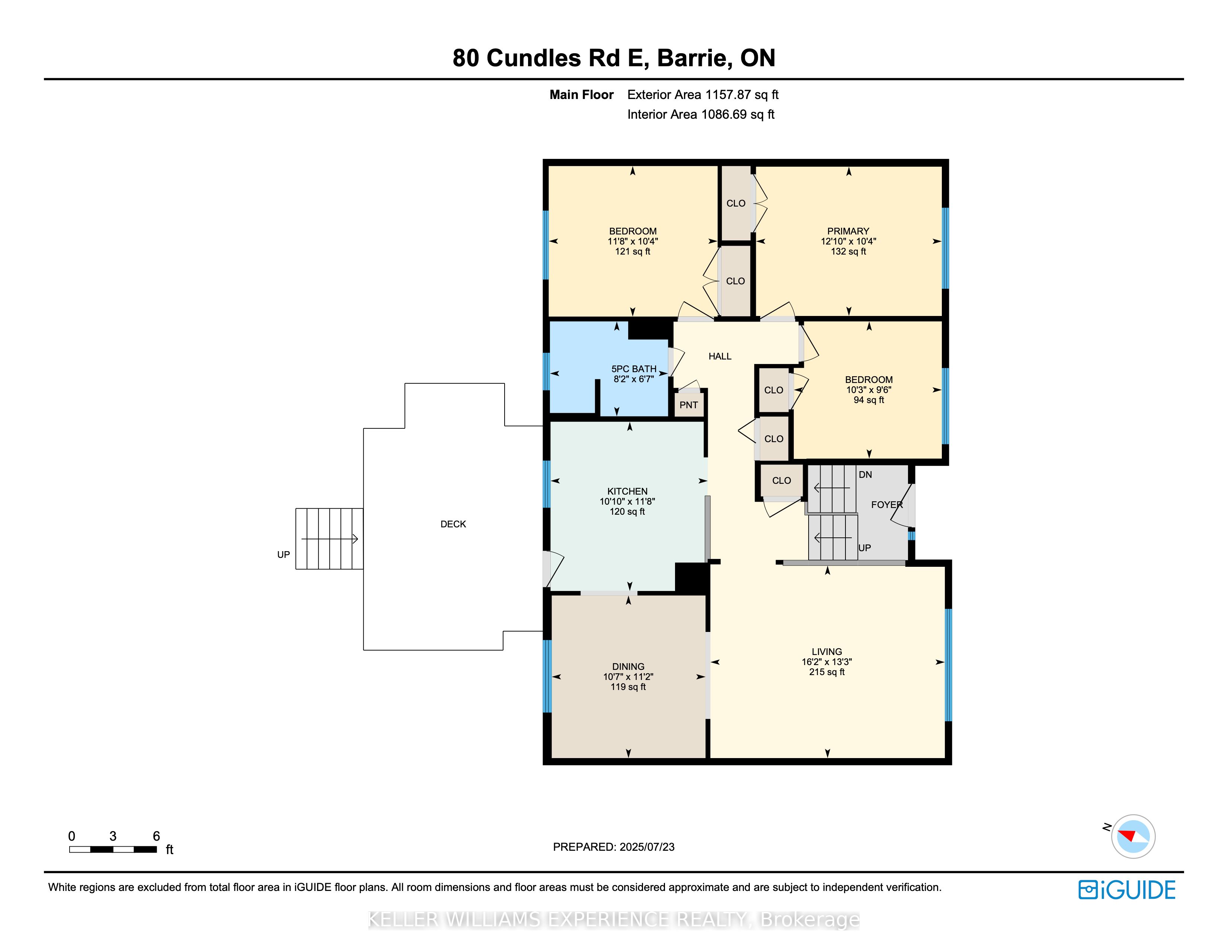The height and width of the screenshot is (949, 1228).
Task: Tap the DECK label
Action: click(x=453, y=524)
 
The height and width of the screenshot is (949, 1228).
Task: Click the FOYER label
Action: click(x=887, y=505)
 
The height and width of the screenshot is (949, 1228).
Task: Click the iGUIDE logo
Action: click(x=1127, y=890)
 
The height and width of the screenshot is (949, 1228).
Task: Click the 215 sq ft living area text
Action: click(x=826, y=672)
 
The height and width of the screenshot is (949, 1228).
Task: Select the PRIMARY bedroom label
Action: click(x=848, y=231)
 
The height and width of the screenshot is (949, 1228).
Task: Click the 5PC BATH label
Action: click(x=634, y=369)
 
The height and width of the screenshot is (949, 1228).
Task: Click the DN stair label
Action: click(x=865, y=474)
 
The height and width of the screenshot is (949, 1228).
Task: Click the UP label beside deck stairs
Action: click(x=284, y=555)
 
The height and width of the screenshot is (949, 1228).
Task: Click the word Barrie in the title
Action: click(x=694, y=58)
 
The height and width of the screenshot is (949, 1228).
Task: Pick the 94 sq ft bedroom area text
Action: click(x=869, y=400)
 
